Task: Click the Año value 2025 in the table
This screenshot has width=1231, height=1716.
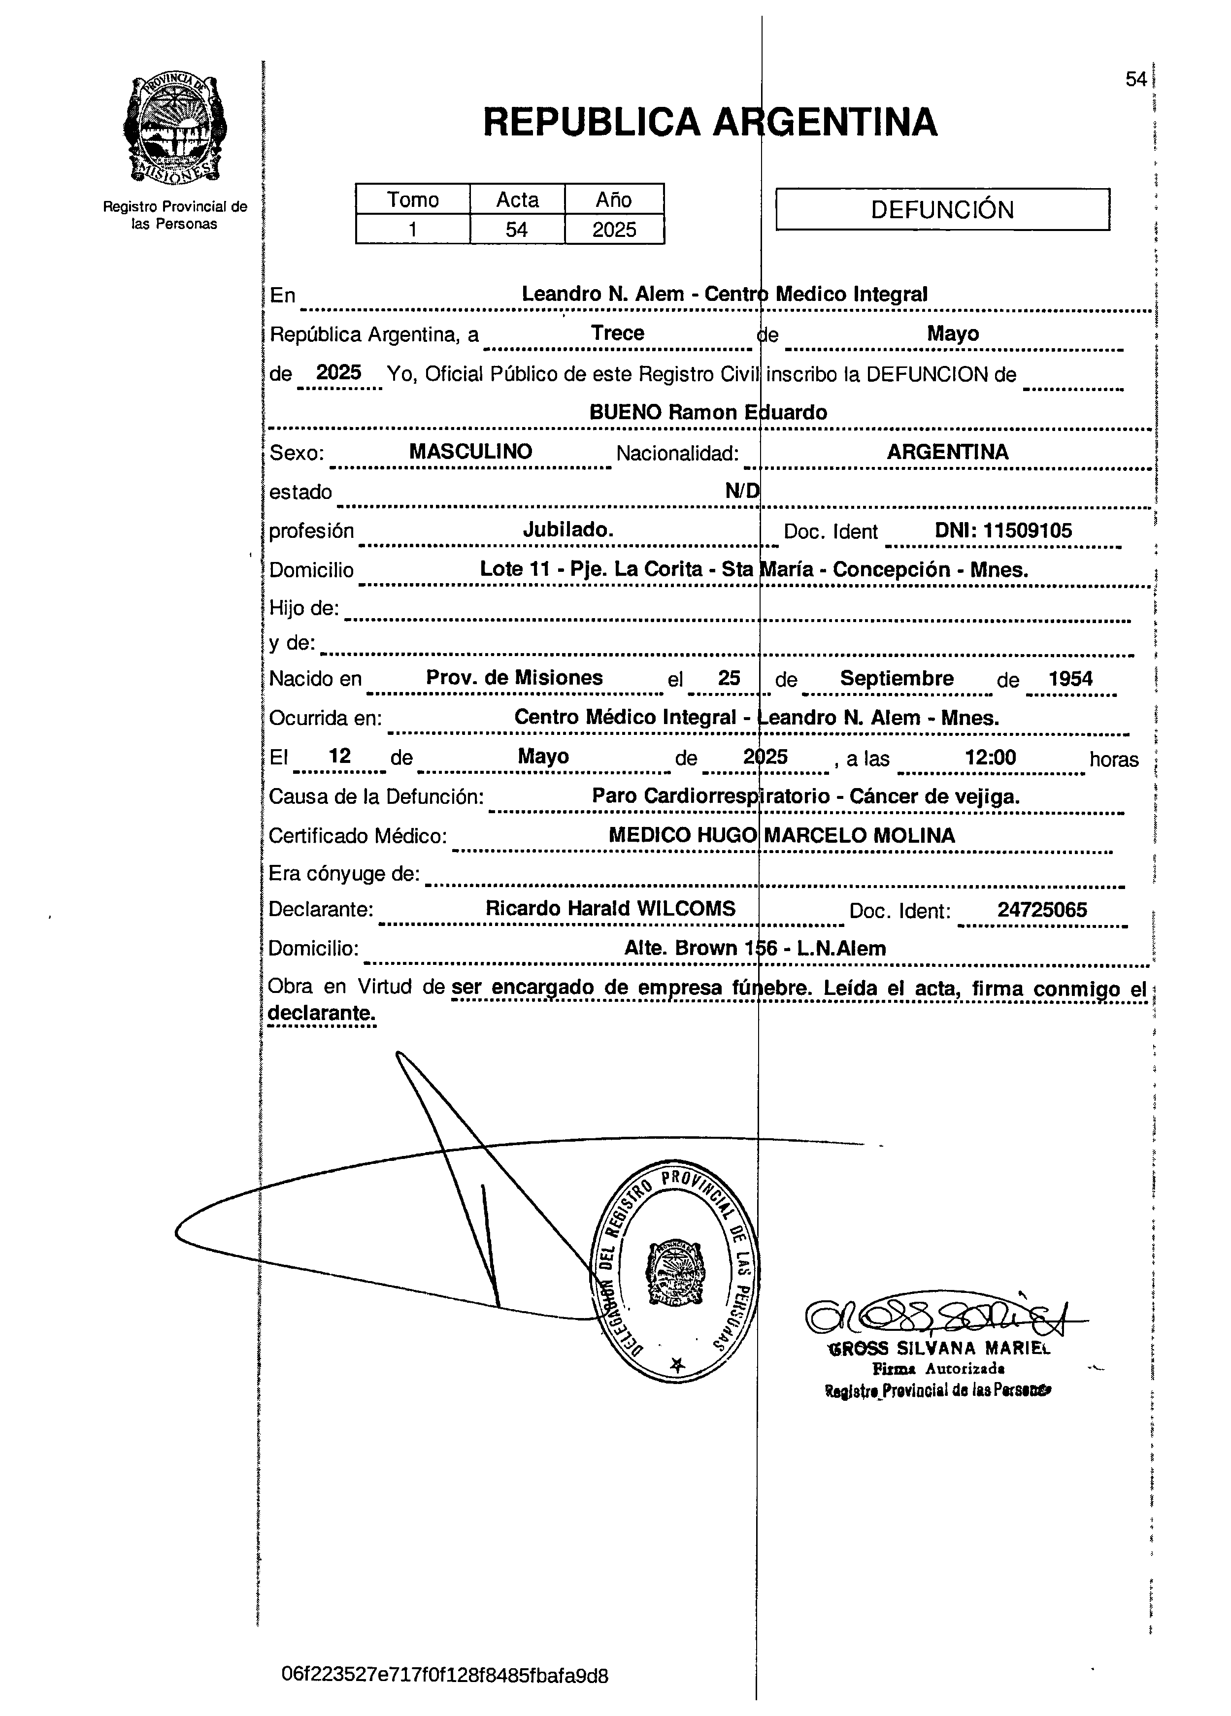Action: click(x=614, y=229)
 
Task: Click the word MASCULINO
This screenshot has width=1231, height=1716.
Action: click(x=470, y=452)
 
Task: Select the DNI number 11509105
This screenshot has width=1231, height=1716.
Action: click(x=1003, y=530)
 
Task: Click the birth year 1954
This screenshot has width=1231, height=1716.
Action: click(x=1070, y=678)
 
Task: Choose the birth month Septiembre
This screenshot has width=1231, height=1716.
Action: click(x=897, y=678)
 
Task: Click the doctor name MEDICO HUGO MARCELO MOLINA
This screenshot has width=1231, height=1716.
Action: click(x=782, y=835)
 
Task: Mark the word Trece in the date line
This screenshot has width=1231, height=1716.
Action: click(x=617, y=333)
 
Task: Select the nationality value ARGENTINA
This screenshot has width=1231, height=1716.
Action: click(x=947, y=452)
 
